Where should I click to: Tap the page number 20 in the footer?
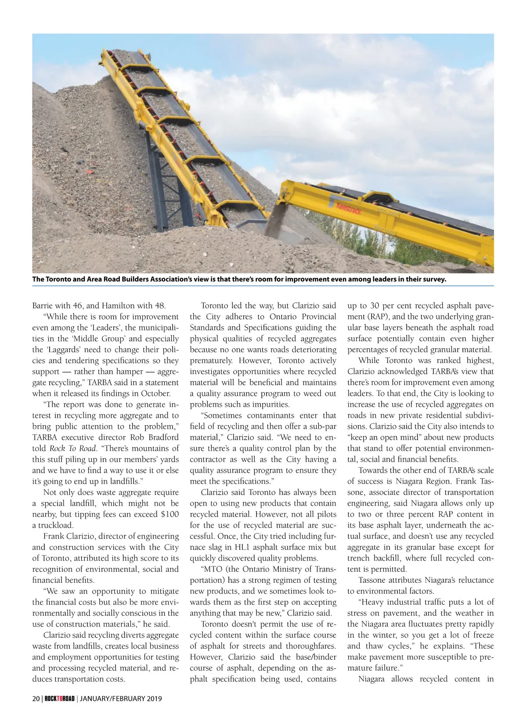pos(36,698)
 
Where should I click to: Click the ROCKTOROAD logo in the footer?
pos(60,698)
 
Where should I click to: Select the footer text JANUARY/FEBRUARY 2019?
pos(121,698)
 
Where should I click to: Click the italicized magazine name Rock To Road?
pos(72,448)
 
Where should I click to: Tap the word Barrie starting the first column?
pos(43,305)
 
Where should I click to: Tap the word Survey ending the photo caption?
pos(433,279)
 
